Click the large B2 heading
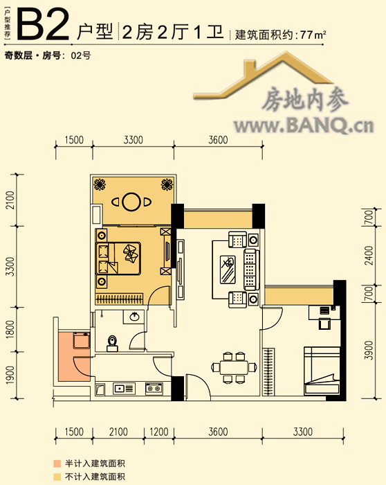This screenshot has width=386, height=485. [x=43, y=26]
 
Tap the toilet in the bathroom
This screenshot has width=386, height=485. [x=112, y=344]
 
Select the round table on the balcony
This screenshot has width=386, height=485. [x=131, y=202]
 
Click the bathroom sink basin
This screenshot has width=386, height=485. [x=134, y=317]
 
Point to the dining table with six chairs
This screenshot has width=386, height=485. [x=234, y=367]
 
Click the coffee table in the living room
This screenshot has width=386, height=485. [x=228, y=269]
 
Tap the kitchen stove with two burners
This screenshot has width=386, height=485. [x=154, y=388]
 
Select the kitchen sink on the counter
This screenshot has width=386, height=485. [x=124, y=388]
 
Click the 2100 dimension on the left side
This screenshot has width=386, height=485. [x=10, y=200]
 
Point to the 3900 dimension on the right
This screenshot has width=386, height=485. [x=369, y=351]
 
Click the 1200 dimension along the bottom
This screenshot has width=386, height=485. [x=159, y=432]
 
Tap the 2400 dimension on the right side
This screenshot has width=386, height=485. [x=369, y=256]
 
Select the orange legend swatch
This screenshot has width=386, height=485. [x=57, y=464]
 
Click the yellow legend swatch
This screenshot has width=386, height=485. [x=57, y=477]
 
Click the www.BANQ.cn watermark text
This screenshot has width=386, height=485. [x=304, y=126]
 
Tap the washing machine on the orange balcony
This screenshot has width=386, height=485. [x=82, y=340]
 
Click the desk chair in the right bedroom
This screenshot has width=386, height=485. [x=324, y=324]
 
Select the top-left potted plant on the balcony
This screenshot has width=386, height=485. [x=100, y=184]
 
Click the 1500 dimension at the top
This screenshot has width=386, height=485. [x=74, y=140]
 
